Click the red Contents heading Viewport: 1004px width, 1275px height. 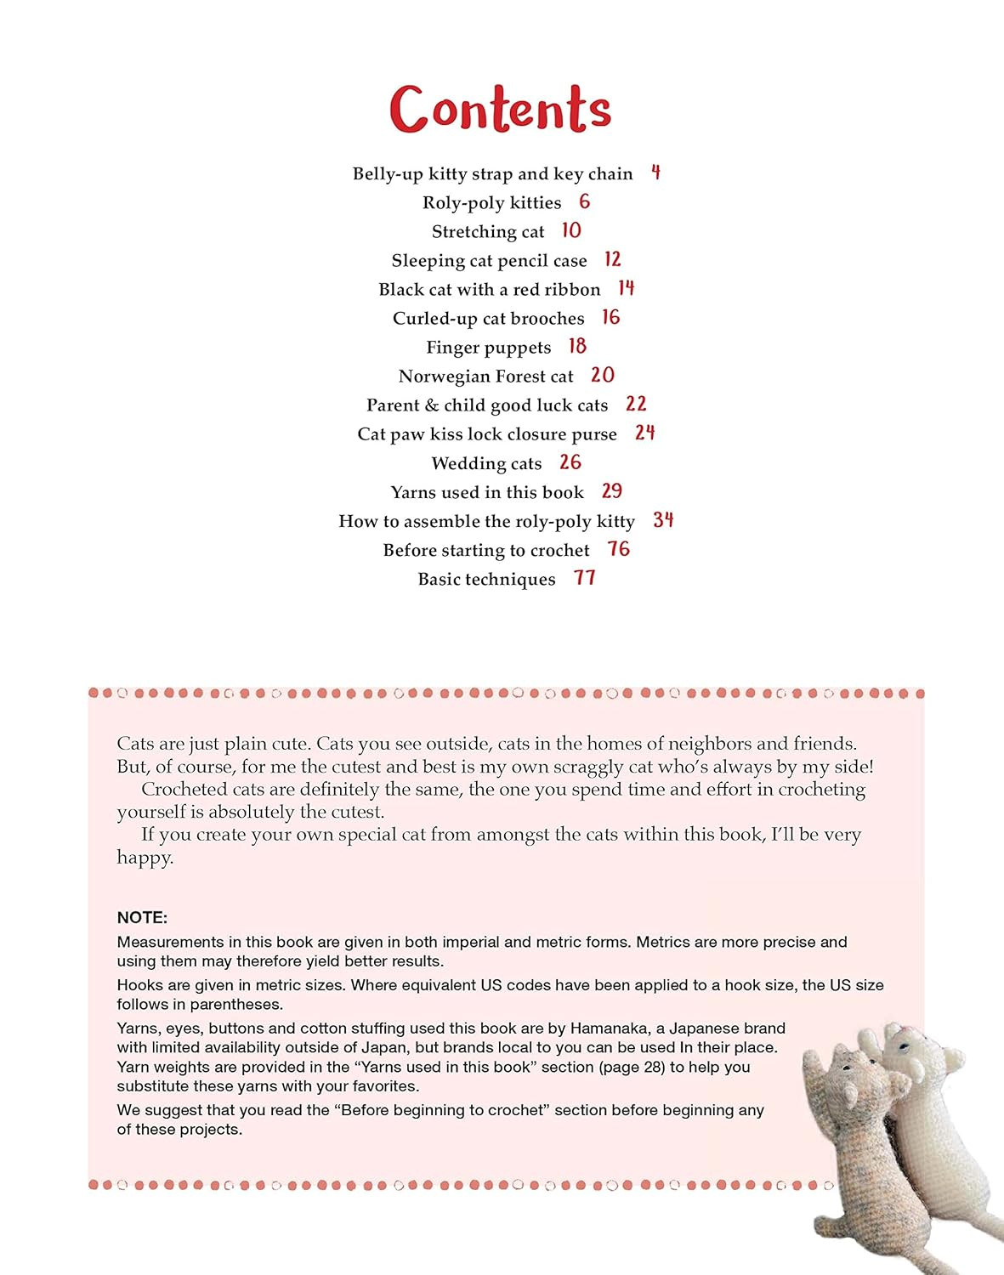click(x=500, y=109)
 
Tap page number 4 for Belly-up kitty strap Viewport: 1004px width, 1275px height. click(x=655, y=173)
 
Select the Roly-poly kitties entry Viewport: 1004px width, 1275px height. click(x=491, y=202)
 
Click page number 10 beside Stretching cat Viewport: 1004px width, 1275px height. click(x=570, y=230)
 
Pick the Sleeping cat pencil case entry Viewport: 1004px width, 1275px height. click(x=489, y=260)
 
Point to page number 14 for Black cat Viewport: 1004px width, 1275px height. click(x=626, y=288)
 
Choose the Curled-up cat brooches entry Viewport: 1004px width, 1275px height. click(x=488, y=318)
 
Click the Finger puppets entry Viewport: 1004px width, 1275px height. click(x=488, y=347)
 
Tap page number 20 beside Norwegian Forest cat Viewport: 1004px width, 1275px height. click(x=602, y=375)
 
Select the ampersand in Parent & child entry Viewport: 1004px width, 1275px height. click(x=431, y=405)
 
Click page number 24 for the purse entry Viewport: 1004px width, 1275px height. click(x=644, y=433)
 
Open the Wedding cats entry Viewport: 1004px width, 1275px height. click(x=486, y=463)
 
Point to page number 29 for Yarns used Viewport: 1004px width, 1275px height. click(x=611, y=491)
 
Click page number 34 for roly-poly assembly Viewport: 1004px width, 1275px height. click(x=663, y=519)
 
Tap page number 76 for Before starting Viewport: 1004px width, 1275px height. click(x=618, y=549)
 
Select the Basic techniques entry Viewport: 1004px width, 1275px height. click(x=486, y=579)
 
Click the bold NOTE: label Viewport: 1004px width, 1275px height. click(x=142, y=918)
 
